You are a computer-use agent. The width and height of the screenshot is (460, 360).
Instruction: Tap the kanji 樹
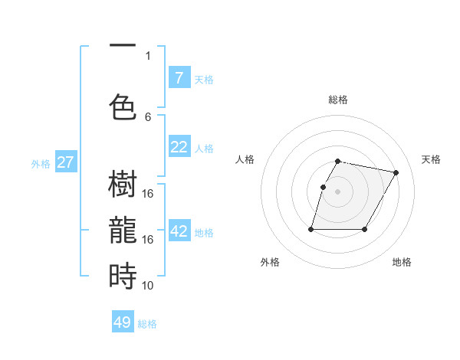(x=123, y=185)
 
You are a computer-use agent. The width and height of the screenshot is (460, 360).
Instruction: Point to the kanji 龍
(x=123, y=231)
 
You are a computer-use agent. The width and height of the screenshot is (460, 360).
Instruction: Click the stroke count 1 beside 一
(x=148, y=55)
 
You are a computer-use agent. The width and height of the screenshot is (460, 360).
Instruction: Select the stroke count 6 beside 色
(x=148, y=116)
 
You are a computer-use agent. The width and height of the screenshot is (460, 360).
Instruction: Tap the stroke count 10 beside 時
(x=148, y=285)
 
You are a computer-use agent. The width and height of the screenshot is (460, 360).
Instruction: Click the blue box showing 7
(x=179, y=77)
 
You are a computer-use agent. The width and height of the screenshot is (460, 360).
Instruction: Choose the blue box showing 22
(x=179, y=146)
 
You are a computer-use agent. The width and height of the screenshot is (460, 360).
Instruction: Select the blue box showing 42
(x=179, y=231)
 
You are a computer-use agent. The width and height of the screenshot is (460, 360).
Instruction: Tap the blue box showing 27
(x=66, y=162)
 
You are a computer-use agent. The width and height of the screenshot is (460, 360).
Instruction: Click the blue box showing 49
(x=123, y=322)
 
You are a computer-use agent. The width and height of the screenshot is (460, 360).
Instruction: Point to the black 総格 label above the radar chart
(x=338, y=100)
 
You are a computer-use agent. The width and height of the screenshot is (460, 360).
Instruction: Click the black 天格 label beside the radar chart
(x=431, y=159)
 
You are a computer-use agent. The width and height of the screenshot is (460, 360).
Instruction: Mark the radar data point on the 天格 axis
(x=396, y=173)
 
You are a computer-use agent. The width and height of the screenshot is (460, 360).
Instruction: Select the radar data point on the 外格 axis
(x=311, y=229)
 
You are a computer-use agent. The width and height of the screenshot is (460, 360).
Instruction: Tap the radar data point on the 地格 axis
(x=365, y=229)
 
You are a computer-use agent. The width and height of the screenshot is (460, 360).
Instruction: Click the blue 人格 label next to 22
(x=204, y=148)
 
